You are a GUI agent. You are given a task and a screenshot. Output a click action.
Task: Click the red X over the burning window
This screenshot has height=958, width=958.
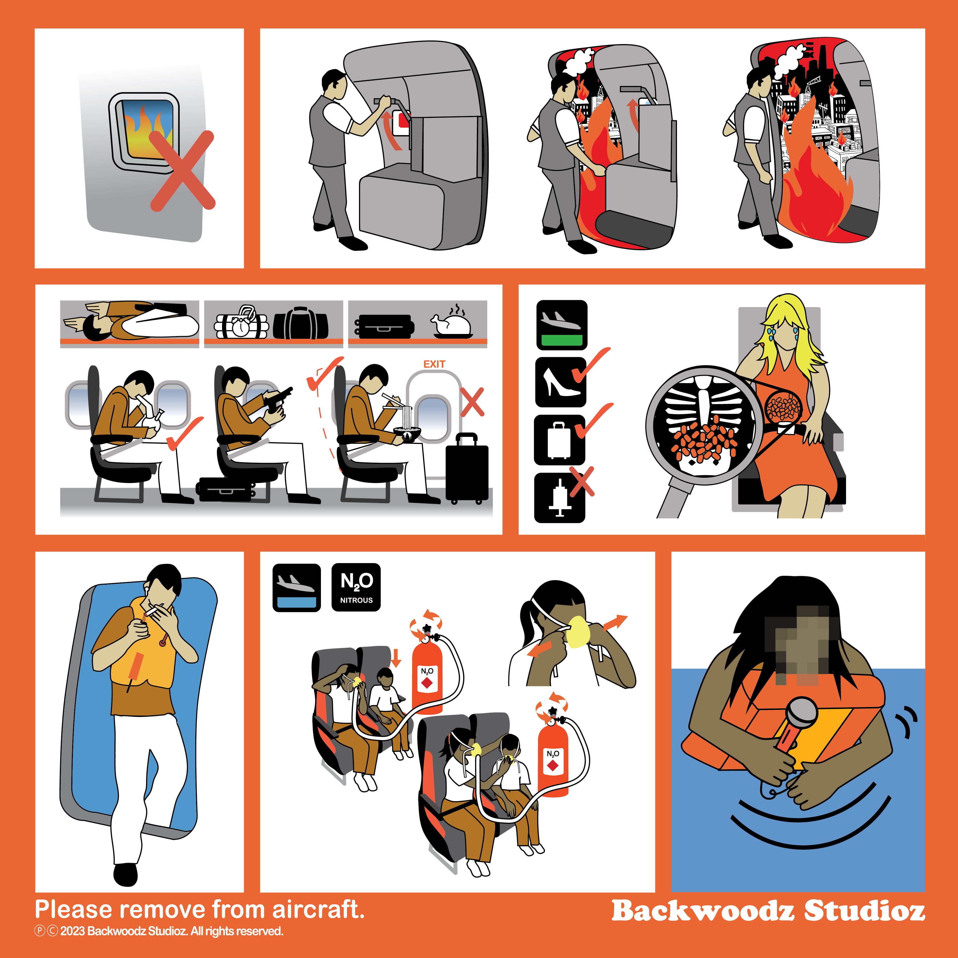click(x=183, y=171)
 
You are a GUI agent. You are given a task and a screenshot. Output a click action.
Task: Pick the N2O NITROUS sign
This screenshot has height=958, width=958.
click(x=356, y=588)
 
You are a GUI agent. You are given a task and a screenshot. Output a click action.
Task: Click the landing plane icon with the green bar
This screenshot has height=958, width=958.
click(x=562, y=325)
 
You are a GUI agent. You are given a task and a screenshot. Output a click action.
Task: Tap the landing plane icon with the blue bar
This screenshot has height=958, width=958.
click(x=296, y=588)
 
